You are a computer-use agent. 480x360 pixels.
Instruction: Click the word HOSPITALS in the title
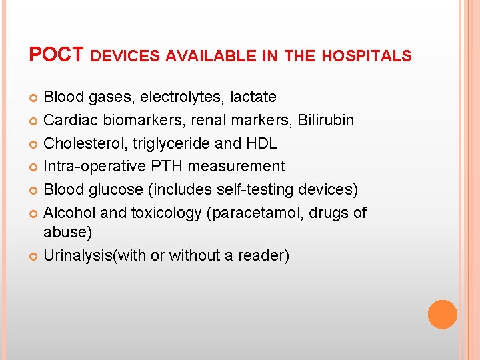tap(366, 57)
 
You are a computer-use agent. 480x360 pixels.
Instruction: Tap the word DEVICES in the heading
tap(124, 57)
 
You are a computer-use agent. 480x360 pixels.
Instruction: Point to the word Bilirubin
tap(326, 120)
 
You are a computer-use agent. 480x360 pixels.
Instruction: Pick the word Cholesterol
tap(83, 143)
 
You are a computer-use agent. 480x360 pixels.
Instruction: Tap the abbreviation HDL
tap(261, 143)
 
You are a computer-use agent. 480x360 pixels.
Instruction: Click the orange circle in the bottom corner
tap(442, 314)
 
